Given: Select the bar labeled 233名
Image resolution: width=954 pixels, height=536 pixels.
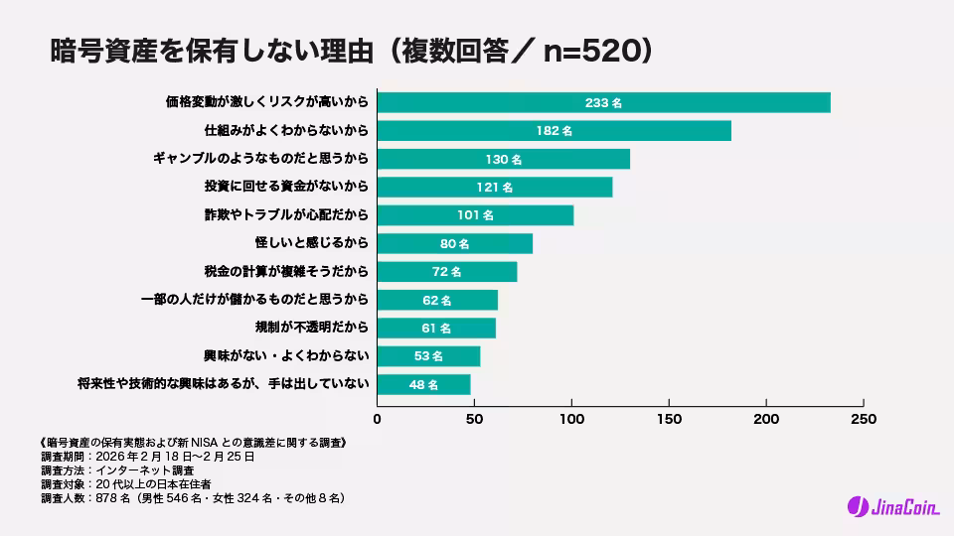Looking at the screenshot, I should (603, 102).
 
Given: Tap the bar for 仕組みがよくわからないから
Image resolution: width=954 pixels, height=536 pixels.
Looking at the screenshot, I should (554, 131).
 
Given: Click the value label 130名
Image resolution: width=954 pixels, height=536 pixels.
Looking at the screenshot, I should (503, 159).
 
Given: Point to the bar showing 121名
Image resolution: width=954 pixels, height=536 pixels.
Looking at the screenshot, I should (495, 188).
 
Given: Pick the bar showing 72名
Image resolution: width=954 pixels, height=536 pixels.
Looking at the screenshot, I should (447, 271).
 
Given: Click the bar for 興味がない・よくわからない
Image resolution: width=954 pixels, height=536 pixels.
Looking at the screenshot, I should (428, 355).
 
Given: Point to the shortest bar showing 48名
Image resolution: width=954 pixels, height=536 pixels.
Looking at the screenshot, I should (424, 384).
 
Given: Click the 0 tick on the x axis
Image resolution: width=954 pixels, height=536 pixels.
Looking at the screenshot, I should (377, 419).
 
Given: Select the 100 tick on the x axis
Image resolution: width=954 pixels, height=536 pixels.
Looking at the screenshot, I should (571, 419).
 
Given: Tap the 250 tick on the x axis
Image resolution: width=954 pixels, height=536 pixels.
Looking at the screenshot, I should (864, 419).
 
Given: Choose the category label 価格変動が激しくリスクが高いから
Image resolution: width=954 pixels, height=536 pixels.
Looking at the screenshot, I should (267, 102).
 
